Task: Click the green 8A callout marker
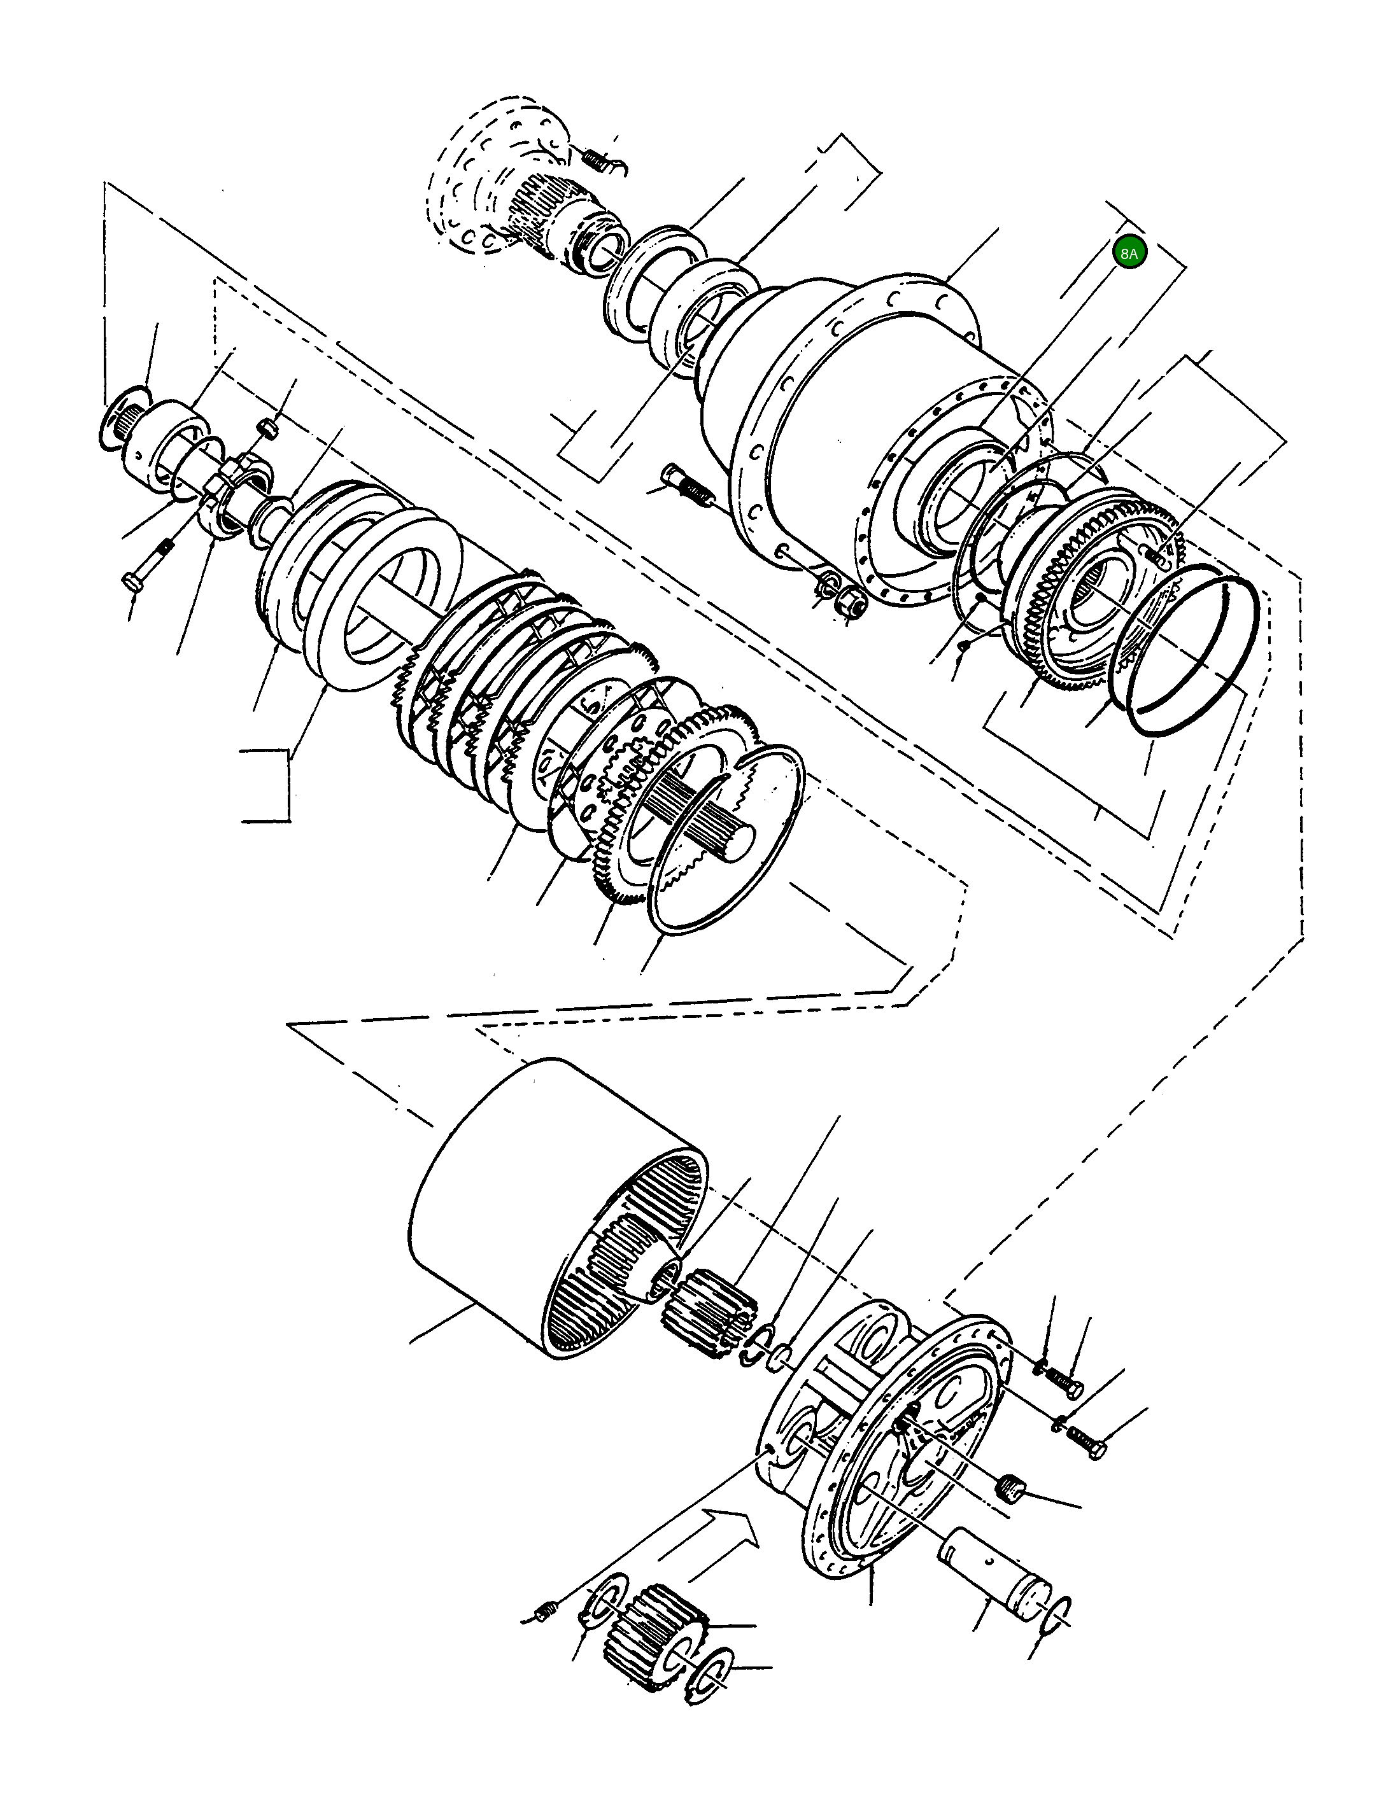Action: pyautogui.click(x=1128, y=253)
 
